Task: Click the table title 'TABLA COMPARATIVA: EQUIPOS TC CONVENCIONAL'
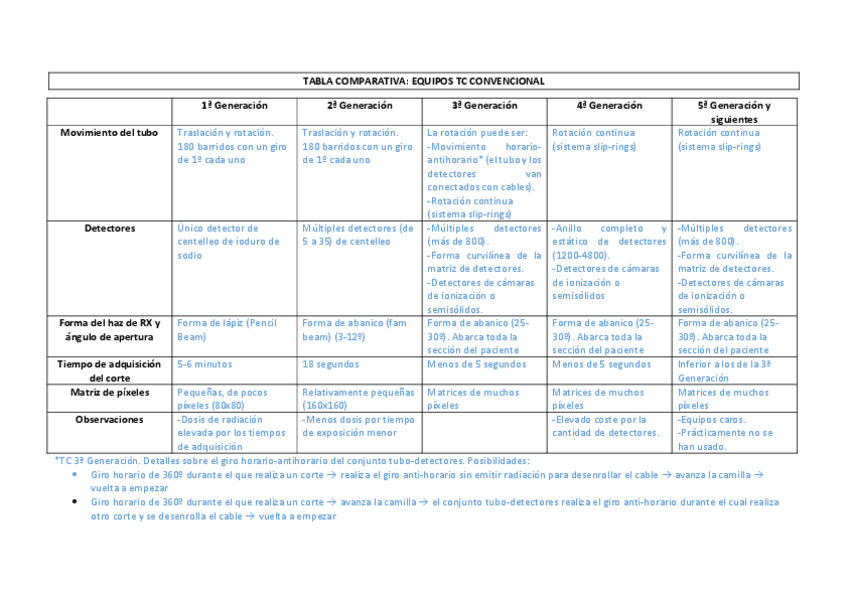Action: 423,81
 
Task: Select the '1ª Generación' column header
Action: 235,105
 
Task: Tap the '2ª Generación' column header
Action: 360,105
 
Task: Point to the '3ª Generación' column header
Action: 485,105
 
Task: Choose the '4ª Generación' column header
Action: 610,105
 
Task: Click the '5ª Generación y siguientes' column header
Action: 735,112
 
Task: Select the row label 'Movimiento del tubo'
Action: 109,132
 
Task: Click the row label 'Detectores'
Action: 109,228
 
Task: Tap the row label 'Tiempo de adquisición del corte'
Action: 109,371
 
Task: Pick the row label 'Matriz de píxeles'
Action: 109,393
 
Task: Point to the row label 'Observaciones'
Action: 109,420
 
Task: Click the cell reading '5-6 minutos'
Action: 205,365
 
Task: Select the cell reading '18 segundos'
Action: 332,365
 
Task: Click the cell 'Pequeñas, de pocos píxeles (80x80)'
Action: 225,399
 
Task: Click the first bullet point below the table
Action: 77,475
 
